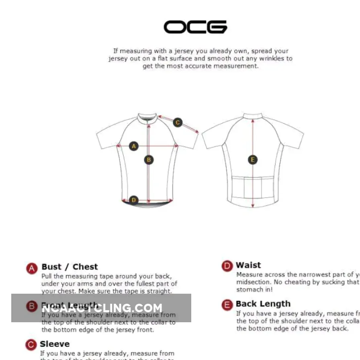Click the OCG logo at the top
point(195,27)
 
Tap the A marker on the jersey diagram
point(134,146)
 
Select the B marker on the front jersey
point(149,160)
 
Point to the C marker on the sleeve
point(178,123)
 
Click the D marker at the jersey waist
point(134,200)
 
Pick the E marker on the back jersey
point(253,160)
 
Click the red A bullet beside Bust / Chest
point(32,268)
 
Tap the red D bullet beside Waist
point(227,266)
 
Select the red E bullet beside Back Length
point(227,305)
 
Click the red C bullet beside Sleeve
point(31,345)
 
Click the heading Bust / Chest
point(70,267)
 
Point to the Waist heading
point(248,265)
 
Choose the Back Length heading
point(263,304)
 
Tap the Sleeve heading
point(55,344)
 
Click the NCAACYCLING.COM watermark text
point(102,308)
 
